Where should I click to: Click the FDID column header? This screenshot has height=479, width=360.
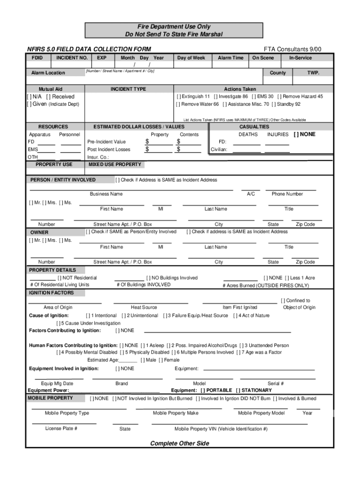tap(37, 58)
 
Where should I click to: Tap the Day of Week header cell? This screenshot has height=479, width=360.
tap(191, 58)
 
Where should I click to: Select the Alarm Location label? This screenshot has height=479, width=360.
tap(48, 73)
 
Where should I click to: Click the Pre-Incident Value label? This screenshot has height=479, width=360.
tap(107, 142)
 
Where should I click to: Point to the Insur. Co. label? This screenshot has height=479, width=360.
tap(98, 158)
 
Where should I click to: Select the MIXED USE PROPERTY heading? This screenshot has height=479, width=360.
tap(115, 165)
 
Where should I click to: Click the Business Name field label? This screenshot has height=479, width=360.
tap(106, 194)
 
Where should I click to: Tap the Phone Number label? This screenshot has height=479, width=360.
tap(287, 194)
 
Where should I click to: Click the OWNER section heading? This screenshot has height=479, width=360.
tap(39, 232)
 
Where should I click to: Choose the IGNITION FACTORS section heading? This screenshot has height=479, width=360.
tap(51, 293)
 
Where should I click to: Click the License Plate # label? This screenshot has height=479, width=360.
tap(61, 428)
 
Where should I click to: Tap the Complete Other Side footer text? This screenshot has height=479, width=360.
tap(180, 443)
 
